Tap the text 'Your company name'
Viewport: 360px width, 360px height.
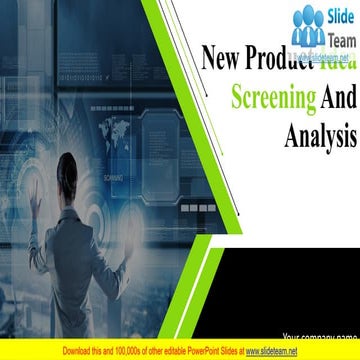point(319,336)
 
